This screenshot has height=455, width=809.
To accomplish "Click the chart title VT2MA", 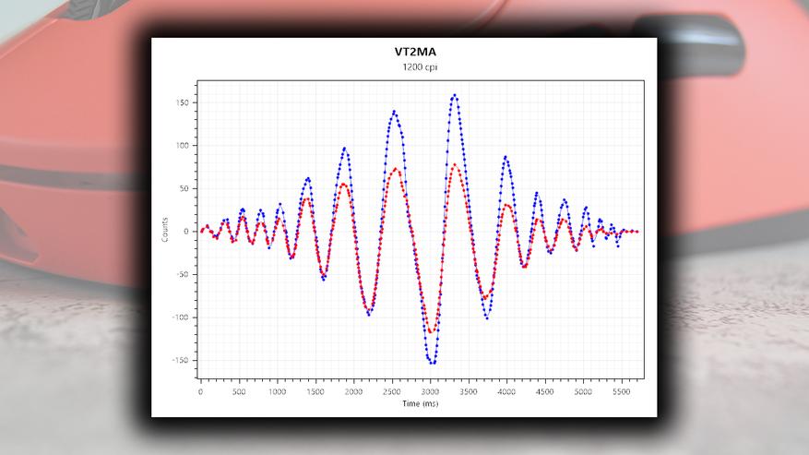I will pyautogui.click(x=404, y=54).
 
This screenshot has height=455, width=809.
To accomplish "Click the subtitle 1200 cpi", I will pyautogui.click(x=404, y=68).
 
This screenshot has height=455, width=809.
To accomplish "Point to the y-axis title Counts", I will pyautogui.click(x=165, y=231).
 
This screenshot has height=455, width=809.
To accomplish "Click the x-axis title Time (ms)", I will pyautogui.click(x=420, y=403).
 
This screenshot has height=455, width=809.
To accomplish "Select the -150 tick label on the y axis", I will pyautogui.click(x=180, y=360).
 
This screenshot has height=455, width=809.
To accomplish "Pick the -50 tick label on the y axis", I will pyautogui.click(x=182, y=274).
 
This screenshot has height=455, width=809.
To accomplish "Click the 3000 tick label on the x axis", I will pyautogui.click(x=431, y=391).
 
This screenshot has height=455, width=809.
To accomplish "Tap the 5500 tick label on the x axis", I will pyautogui.click(x=622, y=391).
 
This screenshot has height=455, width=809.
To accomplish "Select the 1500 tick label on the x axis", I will pyautogui.click(x=315, y=391).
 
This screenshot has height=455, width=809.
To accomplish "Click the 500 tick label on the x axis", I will pyautogui.click(x=239, y=391).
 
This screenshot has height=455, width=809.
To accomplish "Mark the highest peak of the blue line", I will pyautogui.click(x=455, y=94).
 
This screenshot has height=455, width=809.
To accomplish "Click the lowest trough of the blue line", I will pyautogui.click(x=432, y=363).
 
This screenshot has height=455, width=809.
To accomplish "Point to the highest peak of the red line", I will pyautogui.click(x=455, y=164).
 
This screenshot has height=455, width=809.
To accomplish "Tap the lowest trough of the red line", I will pyautogui.click(x=431, y=331).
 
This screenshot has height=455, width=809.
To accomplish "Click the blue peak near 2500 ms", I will pyautogui.click(x=394, y=112).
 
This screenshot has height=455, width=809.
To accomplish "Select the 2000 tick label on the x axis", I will pyautogui.click(x=354, y=391).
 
